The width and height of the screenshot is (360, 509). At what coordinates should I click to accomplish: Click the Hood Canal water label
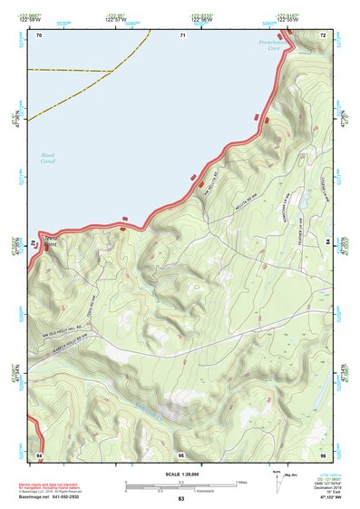click(48, 159)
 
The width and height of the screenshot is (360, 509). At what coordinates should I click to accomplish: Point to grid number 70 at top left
click(39, 34)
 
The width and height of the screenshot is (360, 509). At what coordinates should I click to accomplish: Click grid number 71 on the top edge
click(183, 34)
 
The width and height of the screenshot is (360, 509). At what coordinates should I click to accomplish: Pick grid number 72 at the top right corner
click(323, 34)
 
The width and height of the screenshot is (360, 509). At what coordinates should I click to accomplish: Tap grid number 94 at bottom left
click(39, 453)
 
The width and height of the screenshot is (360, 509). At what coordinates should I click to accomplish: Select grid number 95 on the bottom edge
click(181, 453)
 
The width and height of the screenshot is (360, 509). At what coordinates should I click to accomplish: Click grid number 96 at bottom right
click(323, 453)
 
